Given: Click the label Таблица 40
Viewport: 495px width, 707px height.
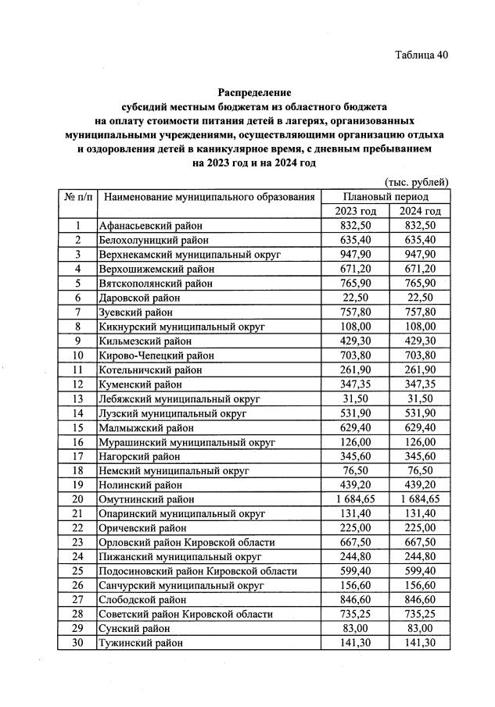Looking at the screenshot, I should (421, 55).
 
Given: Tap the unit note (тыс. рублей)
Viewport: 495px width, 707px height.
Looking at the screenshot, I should (417, 182).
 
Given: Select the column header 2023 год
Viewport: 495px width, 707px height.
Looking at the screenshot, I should (356, 212).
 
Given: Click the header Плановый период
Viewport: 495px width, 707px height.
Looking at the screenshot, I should (388, 197).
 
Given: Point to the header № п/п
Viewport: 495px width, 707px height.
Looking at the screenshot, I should (77, 197).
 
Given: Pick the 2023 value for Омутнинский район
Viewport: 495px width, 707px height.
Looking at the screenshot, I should (356, 498).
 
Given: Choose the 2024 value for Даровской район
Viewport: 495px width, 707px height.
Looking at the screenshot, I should (420, 298).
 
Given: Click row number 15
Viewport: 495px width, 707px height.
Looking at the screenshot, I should (77, 427).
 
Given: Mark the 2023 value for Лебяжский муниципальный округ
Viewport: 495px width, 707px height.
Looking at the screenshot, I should (356, 398).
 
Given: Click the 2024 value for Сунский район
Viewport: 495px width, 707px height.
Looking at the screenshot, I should (420, 627).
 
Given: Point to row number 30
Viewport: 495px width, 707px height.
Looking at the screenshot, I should (77, 642).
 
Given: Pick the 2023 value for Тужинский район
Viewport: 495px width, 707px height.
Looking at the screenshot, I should (356, 642).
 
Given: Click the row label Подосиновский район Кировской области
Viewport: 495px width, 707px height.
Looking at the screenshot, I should (198, 570).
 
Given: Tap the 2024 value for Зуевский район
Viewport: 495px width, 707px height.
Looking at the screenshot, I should (420, 312).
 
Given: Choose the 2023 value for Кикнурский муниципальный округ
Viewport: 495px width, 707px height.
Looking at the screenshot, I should (356, 327).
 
